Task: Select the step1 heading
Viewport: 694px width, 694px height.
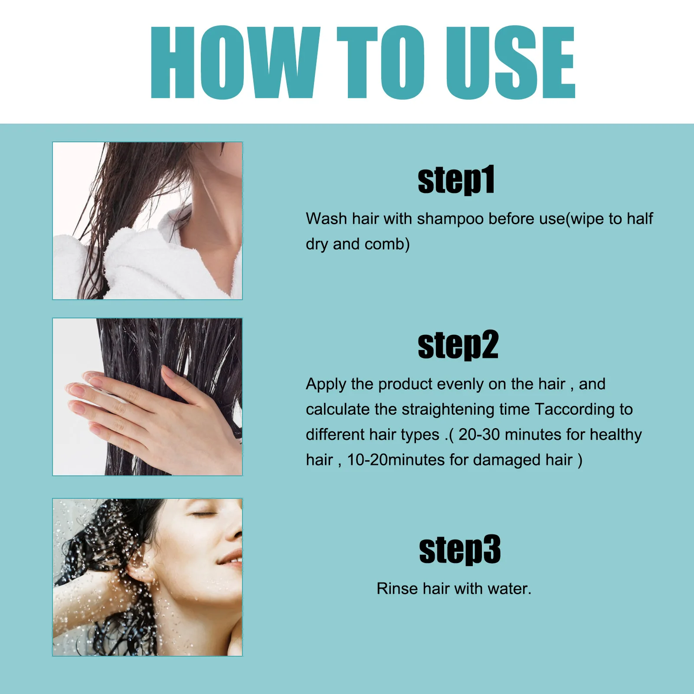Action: pyautogui.click(x=456, y=180)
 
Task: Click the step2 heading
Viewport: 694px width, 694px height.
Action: pyautogui.click(x=458, y=345)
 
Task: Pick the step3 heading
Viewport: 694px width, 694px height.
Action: pyautogui.click(x=459, y=550)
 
